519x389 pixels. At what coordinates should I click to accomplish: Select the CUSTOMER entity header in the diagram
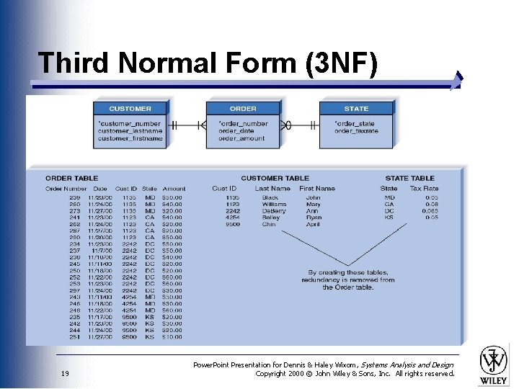coord(130,109)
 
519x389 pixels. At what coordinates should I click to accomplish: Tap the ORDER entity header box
coord(243,109)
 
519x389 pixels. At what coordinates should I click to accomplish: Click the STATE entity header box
coord(356,109)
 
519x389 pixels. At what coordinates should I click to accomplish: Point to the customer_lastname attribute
coord(130,131)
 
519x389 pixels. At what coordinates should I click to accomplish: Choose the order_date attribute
coord(236,131)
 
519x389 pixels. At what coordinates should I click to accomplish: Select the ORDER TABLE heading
coord(71,178)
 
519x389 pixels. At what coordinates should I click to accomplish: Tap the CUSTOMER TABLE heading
coord(275,178)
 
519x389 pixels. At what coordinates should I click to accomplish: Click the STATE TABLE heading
coord(409,178)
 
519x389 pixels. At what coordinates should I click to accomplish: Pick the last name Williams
coord(274,205)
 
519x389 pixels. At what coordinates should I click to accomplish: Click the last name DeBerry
coord(273,211)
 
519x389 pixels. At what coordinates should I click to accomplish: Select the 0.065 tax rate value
coord(430,211)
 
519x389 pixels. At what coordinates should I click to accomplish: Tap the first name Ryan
coord(314,218)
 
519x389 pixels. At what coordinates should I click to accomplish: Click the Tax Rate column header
coord(424,189)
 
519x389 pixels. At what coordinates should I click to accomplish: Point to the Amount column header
coord(174,189)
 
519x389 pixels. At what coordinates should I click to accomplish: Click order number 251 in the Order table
coord(75,337)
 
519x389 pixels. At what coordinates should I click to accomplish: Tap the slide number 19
coord(65,373)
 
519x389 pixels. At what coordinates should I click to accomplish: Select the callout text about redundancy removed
coord(348,280)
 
